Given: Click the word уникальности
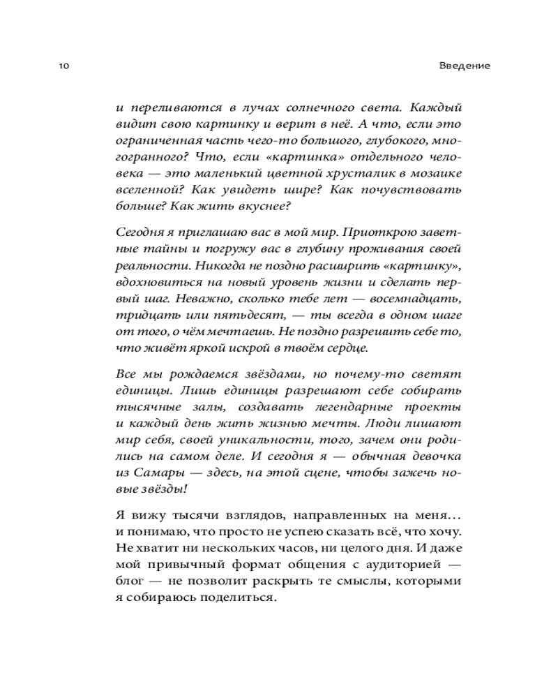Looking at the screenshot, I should [x=264, y=440].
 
